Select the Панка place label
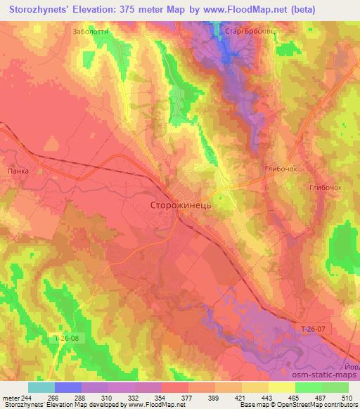tap(16, 170)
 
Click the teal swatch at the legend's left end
tap(41, 387)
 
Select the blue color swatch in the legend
tap(67, 387)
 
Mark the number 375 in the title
tap(127, 9)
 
